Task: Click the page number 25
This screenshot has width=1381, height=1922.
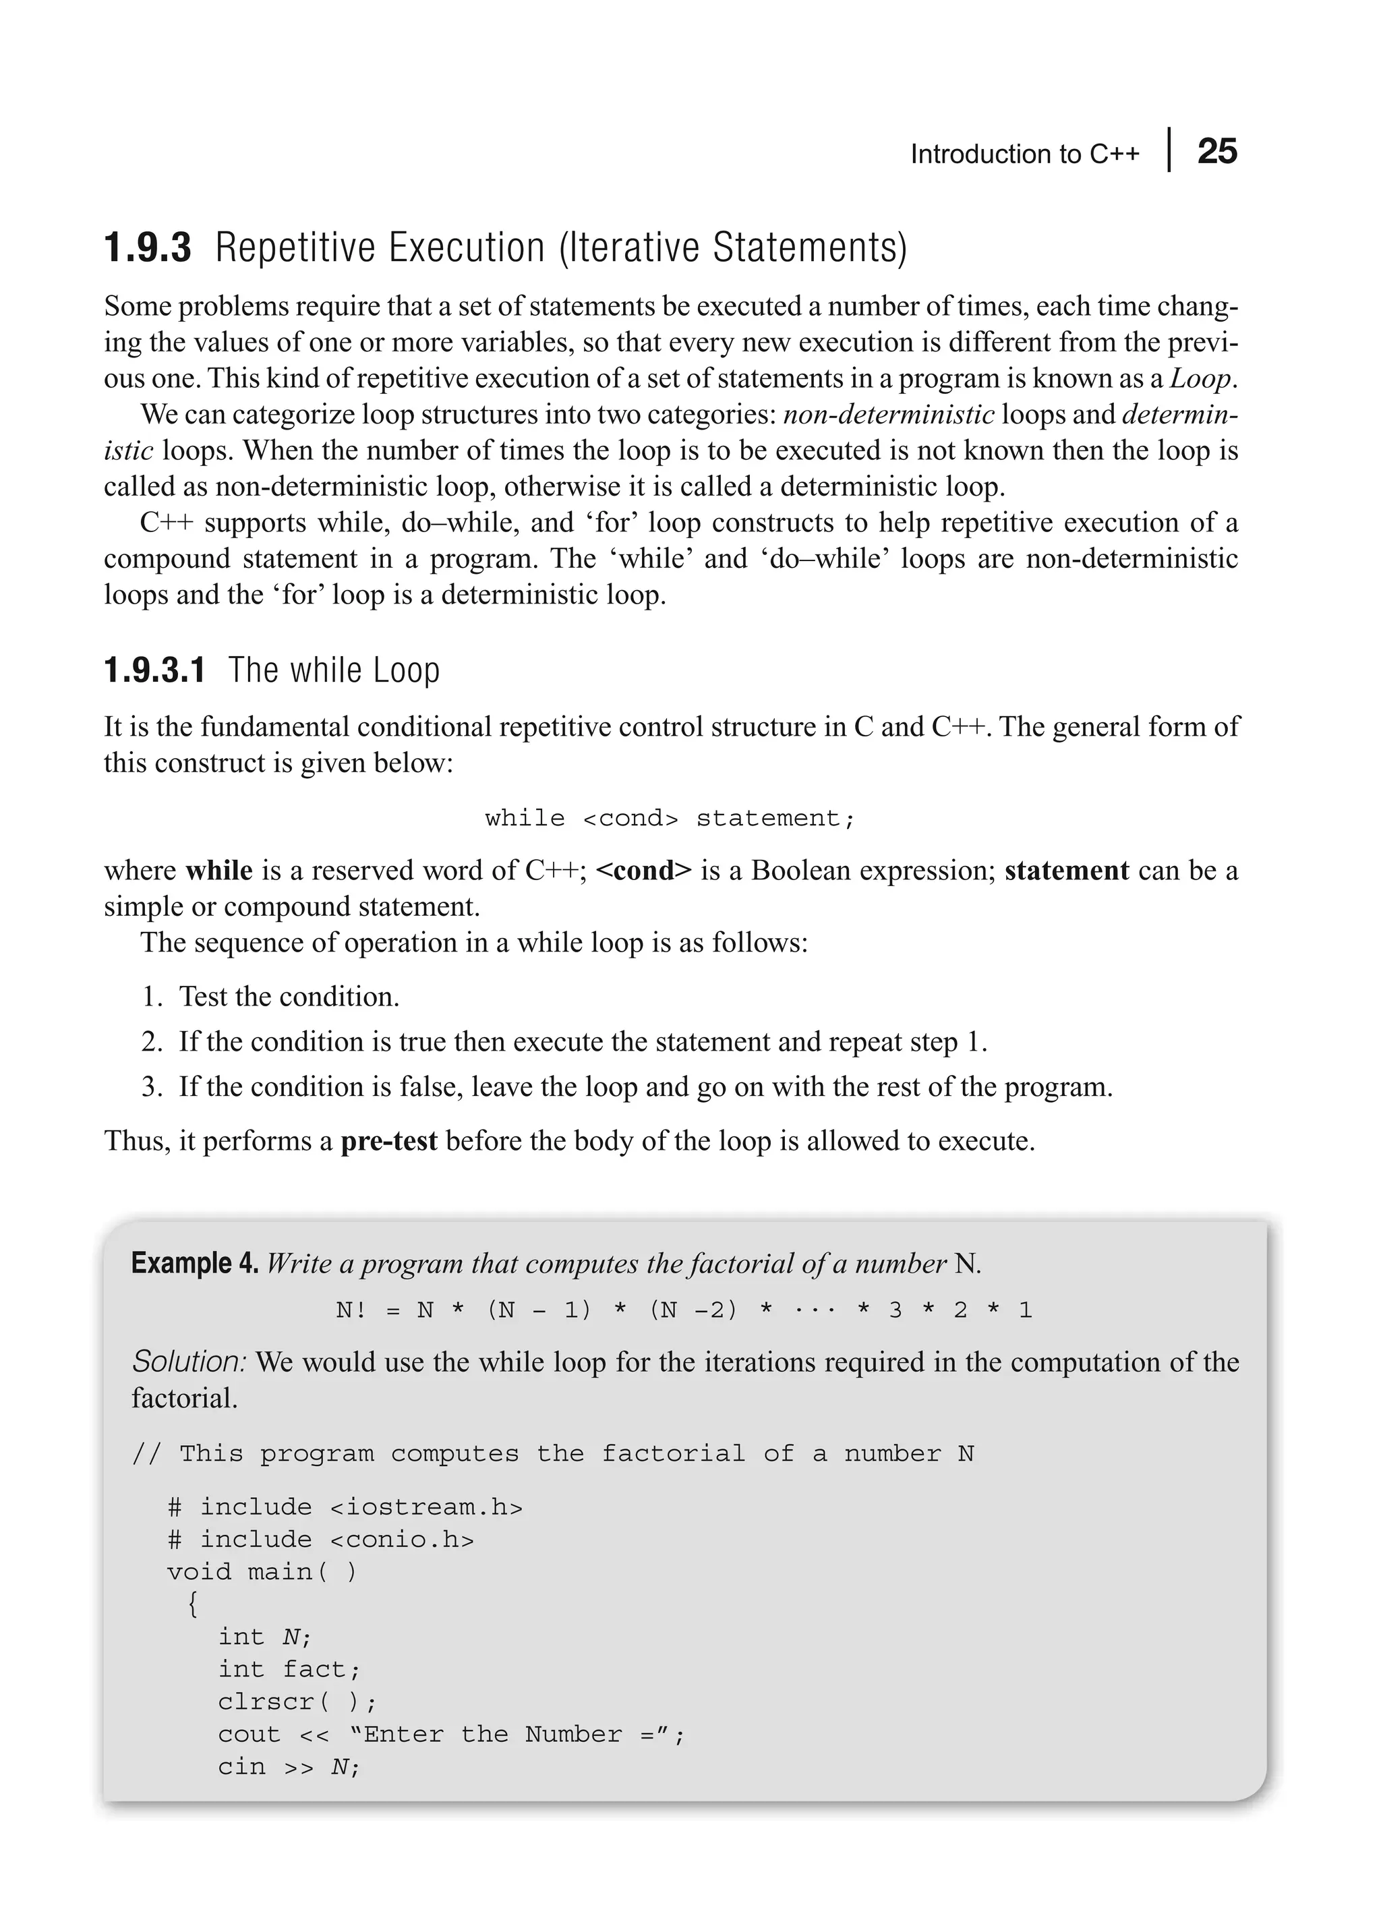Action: click(1216, 152)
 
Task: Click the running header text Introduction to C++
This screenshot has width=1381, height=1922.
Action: click(1024, 154)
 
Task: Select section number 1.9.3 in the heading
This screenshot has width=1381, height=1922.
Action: click(148, 248)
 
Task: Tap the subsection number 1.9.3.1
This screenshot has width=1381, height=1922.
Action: click(154, 670)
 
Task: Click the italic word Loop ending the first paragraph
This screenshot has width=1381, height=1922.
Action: click(1200, 378)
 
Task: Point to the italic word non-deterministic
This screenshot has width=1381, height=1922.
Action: click(889, 414)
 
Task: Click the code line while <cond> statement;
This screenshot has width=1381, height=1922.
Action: click(670, 818)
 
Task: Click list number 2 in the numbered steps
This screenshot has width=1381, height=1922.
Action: click(152, 1041)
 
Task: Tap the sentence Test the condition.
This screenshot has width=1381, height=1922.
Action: click(289, 997)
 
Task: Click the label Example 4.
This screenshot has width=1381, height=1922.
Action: click(195, 1264)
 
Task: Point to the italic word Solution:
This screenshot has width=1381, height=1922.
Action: click(189, 1362)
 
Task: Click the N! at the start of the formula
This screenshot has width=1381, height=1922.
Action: click(351, 1311)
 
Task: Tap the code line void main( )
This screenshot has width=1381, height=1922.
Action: click(262, 1572)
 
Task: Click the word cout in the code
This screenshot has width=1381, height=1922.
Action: click(249, 1734)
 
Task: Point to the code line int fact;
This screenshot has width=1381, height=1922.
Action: click(289, 1670)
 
